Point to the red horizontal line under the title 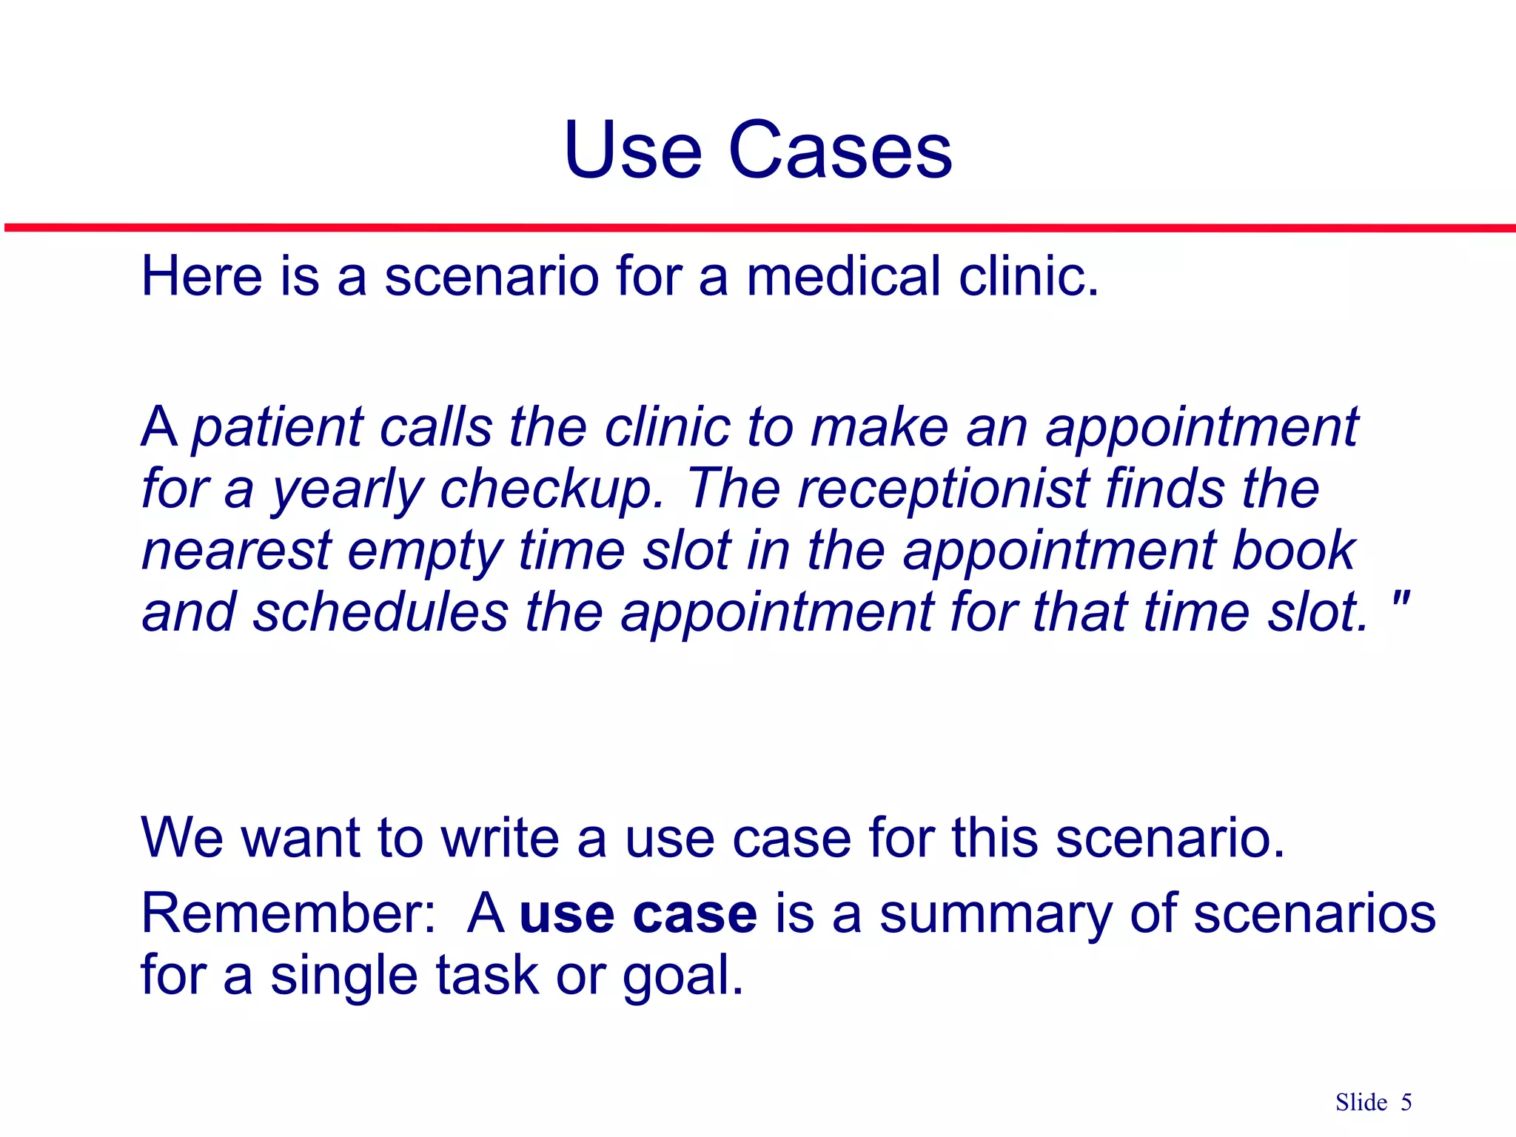[x=758, y=228]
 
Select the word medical [x=842, y=276]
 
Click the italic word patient [x=278, y=429]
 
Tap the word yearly [x=346, y=491]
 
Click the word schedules [x=380, y=613]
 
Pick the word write [x=500, y=838]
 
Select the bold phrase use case [x=638, y=915]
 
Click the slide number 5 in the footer [x=1406, y=1103]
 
